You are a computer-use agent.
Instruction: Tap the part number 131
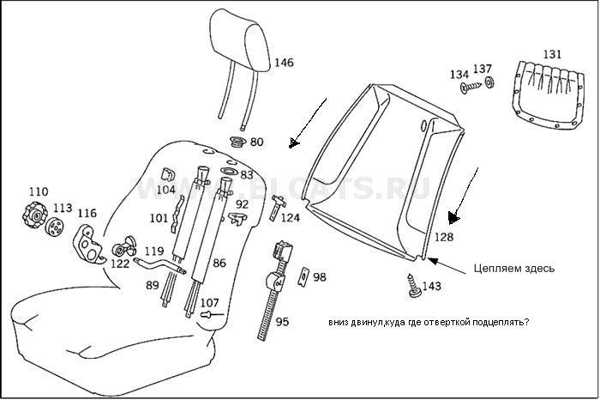pyautogui.click(x=552, y=54)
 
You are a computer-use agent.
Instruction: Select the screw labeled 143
pyautogui.click(x=416, y=284)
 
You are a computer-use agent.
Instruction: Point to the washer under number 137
pyautogui.click(x=489, y=83)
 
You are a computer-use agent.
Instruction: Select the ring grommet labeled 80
pyautogui.click(x=237, y=141)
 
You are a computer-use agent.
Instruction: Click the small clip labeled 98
pyautogui.click(x=302, y=277)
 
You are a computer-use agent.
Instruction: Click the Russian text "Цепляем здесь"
pyautogui.click(x=513, y=268)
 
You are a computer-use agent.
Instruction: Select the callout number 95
pyautogui.click(x=282, y=321)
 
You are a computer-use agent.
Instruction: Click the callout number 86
pyautogui.click(x=219, y=263)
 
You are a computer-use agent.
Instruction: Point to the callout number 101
pyautogui.click(x=159, y=218)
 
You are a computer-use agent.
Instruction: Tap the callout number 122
pyautogui.click(x=120, y=264)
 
